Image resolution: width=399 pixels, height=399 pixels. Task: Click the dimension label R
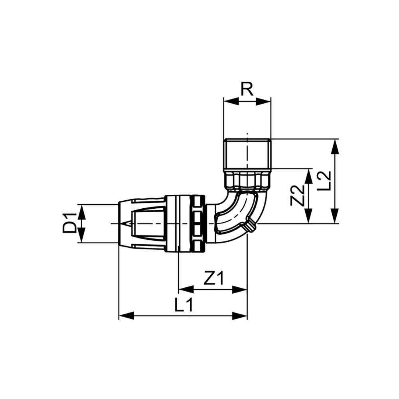tap(247, 89)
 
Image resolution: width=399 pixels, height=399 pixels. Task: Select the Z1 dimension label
tap(214, 278)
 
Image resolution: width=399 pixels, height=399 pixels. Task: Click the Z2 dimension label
tap(297, 196)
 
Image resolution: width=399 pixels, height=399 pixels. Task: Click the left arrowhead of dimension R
tap(231, 102)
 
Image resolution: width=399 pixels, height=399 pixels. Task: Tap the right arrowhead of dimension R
tap(263, 102)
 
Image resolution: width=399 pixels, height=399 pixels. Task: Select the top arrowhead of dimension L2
tap(336, 146)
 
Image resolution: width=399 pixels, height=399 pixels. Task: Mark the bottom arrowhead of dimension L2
tap(336, 216)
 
